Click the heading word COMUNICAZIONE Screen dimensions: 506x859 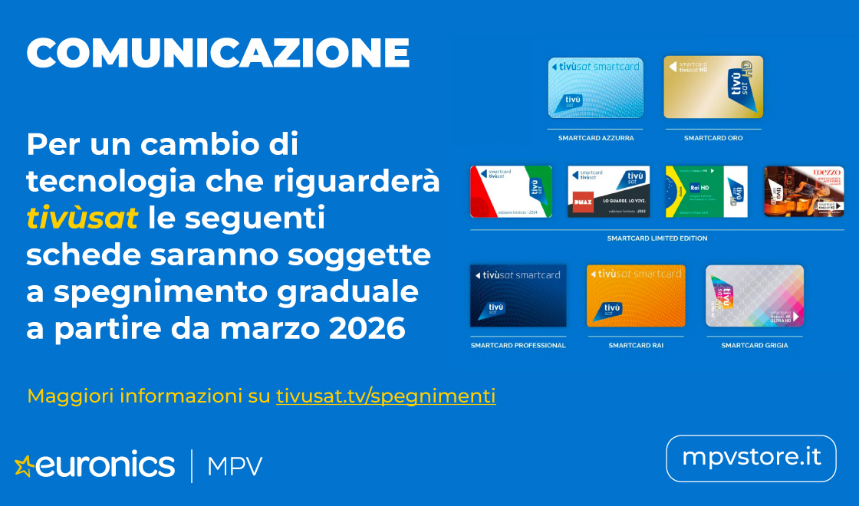218,54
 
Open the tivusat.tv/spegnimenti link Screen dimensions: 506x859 386,396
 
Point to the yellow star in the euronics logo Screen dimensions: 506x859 25,465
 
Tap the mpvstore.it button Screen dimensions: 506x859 751,458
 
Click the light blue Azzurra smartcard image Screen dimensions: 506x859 595,87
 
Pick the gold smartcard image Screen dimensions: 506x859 713,87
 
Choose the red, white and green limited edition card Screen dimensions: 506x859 511,192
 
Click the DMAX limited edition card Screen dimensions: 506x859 608,192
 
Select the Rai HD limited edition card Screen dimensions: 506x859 706,192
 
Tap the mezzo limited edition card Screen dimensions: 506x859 804,192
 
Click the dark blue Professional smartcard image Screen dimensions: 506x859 518,296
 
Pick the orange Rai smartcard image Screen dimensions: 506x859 636,296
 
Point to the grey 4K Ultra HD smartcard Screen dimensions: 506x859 755,296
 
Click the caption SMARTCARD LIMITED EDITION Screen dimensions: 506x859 657,238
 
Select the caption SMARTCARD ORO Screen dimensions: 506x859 713,138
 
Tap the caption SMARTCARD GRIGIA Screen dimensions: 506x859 755,346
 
